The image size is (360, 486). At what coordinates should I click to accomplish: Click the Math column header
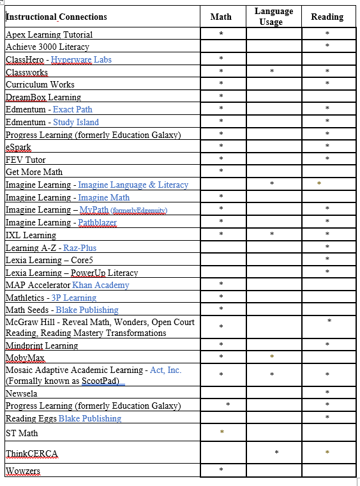pyautogui.click(x=221, y=17)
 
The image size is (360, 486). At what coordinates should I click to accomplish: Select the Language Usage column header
pyautogui.click(x=273, y=17)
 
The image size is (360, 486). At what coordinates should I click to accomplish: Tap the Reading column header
pyautogui.click(x=327, y=17)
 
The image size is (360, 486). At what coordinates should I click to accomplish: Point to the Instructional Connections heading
pyautogui.click(x=56, y=17)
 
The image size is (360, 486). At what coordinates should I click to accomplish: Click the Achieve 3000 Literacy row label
pyautogui.click(x=47, y=47)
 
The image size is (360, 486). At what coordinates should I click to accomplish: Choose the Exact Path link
pyautogui.click(x=73, y=109)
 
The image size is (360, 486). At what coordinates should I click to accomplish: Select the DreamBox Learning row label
pyautogui.click(x=43, y=97)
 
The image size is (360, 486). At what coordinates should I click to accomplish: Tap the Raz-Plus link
pyautogui.click(x=80, y=248)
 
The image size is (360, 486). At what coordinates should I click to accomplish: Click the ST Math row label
pyautogui.click(x=22, y=433)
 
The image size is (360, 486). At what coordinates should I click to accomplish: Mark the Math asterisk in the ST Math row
pyautogui.click(x=221, y=433)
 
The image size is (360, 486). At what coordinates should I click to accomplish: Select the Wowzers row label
pyautogui.click(x=23, y=471)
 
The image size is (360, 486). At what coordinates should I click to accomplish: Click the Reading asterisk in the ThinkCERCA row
pyautogui.click(x=327, y=453)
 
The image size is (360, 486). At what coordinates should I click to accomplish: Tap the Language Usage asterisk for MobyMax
pyautogui.click(x=271, y=356)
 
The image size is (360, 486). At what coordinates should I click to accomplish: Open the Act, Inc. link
pyautogui.click(x=165, y=370)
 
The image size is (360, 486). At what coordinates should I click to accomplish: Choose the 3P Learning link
pyautogui.click(x=74, y=298)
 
